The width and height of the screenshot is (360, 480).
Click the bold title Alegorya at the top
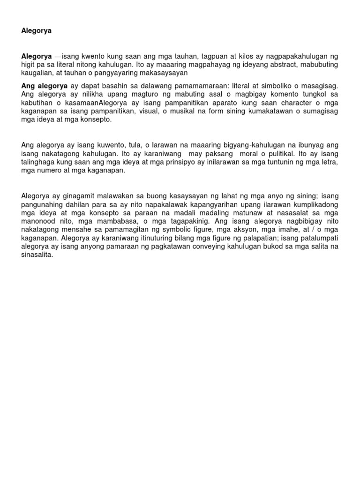click(x=37, y=31)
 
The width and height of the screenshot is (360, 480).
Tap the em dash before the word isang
click(x=58, y=56)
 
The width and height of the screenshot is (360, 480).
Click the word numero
click(x=49, y=171)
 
